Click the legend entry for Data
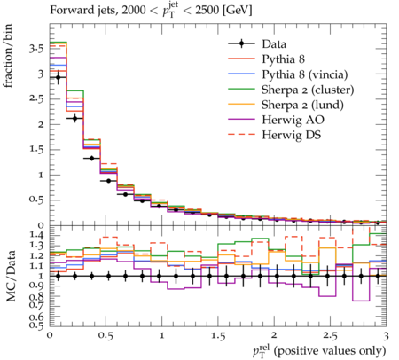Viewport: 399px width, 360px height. (274, 44)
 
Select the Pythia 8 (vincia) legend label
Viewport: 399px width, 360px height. (305, 74)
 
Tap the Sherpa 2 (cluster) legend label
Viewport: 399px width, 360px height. (308, 90)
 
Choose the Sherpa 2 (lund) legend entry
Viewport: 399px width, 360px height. (302, 105)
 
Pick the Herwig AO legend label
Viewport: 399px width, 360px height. (293, 120)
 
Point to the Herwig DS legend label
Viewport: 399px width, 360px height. (292, 135)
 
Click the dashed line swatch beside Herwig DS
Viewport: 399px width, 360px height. (241, 135)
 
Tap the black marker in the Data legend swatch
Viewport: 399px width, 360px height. (241, 43)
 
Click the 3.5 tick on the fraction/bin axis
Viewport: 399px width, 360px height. (36, 49)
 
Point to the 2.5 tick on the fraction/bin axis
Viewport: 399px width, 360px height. (36, 99)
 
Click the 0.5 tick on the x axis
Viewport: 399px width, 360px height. (106, 336)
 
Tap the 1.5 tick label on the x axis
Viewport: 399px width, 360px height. (218, 336)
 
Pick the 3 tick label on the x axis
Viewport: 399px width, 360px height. (386, 336)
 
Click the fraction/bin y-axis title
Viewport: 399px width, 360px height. (8, 56)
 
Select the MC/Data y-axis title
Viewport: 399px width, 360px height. (11, 276)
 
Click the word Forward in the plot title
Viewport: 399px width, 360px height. (68, 10)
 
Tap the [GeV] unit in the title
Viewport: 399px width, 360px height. (237, 11)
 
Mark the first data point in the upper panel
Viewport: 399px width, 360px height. (58, 77)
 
